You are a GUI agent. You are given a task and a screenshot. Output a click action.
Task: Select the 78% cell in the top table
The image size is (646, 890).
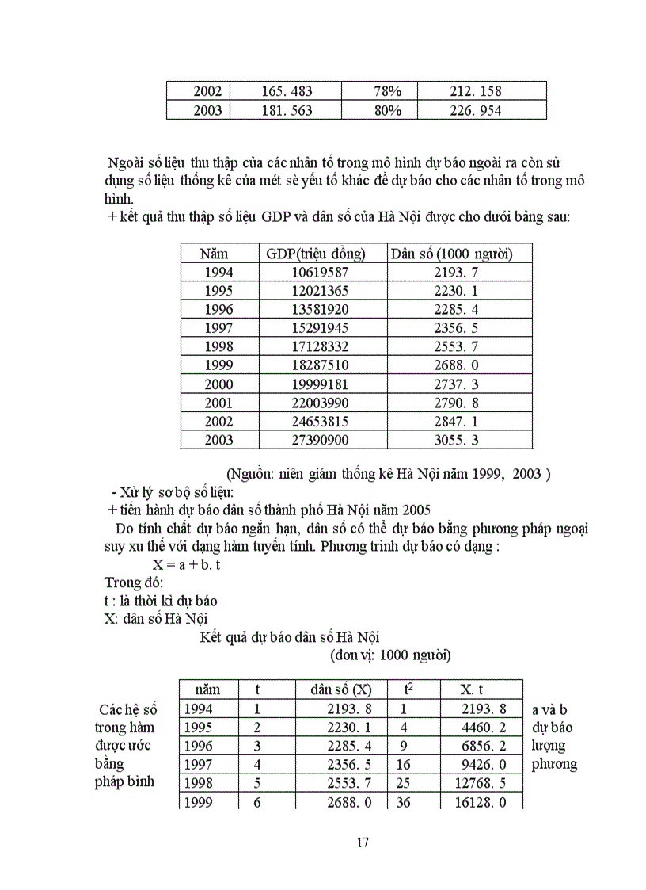[388, 92]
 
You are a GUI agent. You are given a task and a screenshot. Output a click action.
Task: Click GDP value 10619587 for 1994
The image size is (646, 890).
[320, 273]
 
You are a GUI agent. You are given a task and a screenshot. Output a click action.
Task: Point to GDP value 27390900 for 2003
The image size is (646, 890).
[320, 440]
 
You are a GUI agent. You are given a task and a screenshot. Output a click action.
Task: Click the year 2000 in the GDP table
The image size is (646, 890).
[219, 384]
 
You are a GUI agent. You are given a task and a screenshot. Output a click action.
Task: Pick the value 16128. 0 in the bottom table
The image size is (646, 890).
[492, 802]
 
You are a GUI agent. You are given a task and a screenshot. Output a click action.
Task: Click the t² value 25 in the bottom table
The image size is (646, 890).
[403, 783]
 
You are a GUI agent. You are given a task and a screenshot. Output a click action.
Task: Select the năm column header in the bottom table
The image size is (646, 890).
[207, 690]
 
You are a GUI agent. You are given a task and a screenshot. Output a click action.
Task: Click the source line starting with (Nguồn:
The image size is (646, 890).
[388, 474]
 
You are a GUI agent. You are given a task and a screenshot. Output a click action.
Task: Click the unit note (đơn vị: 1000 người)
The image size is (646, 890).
[390, 655]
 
